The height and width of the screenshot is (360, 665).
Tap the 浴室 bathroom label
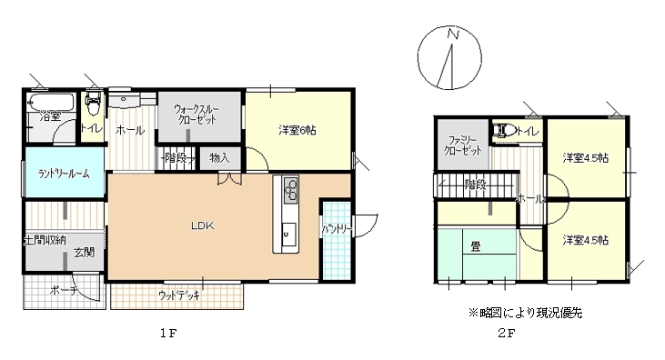click(50, 116)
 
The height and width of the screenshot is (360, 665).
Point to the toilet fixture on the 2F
click(499, 132)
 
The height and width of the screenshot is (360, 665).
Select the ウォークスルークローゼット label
click(199, 114)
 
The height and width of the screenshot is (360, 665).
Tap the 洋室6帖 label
click(297, 130)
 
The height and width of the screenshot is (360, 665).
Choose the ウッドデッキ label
click(179, 295)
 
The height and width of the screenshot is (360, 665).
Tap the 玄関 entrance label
click(85, 252)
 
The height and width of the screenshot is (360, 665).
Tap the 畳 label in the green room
click(476, 245)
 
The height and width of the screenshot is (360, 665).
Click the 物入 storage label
click(219, 158)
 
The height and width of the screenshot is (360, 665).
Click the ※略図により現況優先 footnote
click(525, 312)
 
